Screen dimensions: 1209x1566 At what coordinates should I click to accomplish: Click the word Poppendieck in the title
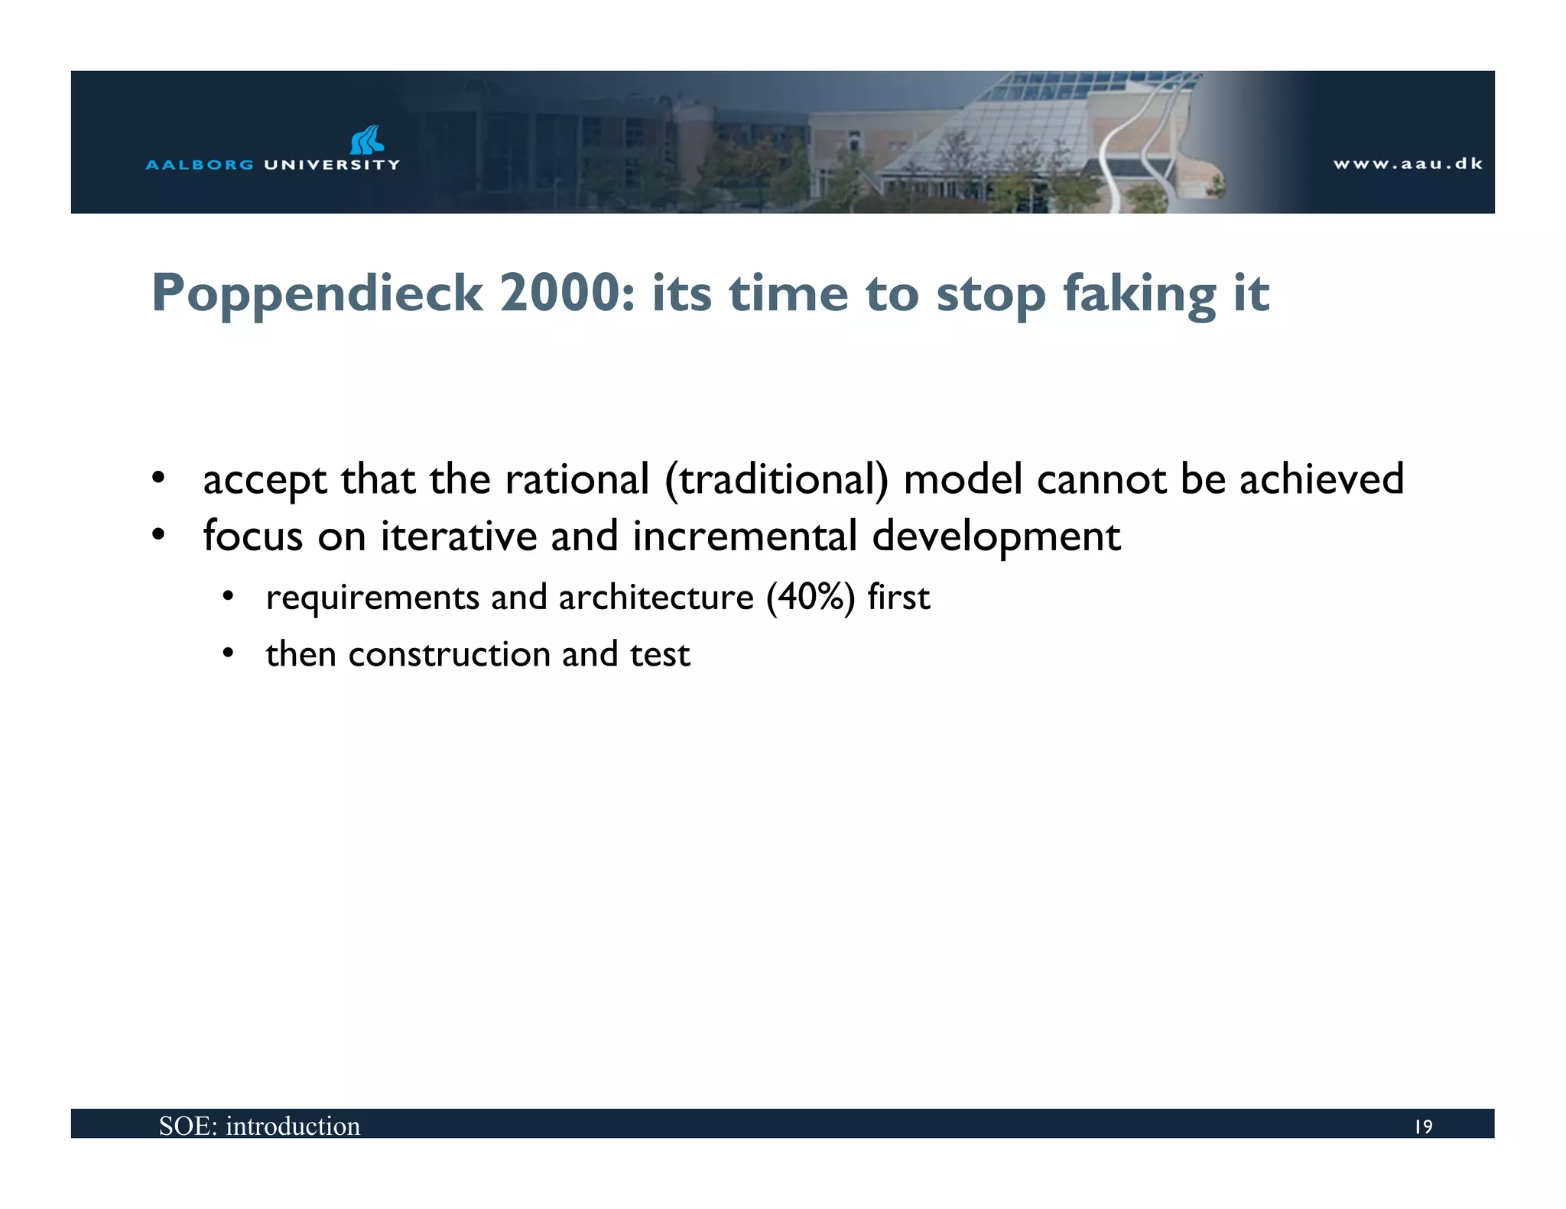[x=317, y=295]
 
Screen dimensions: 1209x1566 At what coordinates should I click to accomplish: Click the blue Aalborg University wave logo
[x=366, y=140]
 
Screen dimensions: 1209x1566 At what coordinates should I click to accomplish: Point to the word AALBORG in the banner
[x=199, y=164]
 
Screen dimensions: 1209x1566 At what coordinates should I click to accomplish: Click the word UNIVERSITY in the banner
[x=332, y=164]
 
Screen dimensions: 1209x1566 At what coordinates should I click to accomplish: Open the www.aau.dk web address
[x=1408, y=164]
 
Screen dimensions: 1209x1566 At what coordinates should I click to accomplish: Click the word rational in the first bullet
[x=577, y=480]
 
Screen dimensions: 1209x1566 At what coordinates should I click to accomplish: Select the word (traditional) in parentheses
[x=777, y=480]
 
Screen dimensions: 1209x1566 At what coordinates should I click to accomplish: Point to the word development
[x=996, y=537]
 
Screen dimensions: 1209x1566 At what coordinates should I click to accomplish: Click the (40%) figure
[x=810, y=597]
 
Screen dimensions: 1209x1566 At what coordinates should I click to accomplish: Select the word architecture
[x=656, y=597]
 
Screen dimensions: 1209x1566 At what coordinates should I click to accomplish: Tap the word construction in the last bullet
[x=449, y=654]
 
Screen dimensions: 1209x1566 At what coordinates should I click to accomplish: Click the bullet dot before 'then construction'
[x=227, y=653]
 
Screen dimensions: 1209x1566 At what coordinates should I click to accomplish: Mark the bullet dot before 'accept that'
[x=158, y=478]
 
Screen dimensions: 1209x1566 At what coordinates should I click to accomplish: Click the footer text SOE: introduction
[x=259, y=1126]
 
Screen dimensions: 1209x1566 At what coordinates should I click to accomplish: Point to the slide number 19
[x=1423, y=1126]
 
